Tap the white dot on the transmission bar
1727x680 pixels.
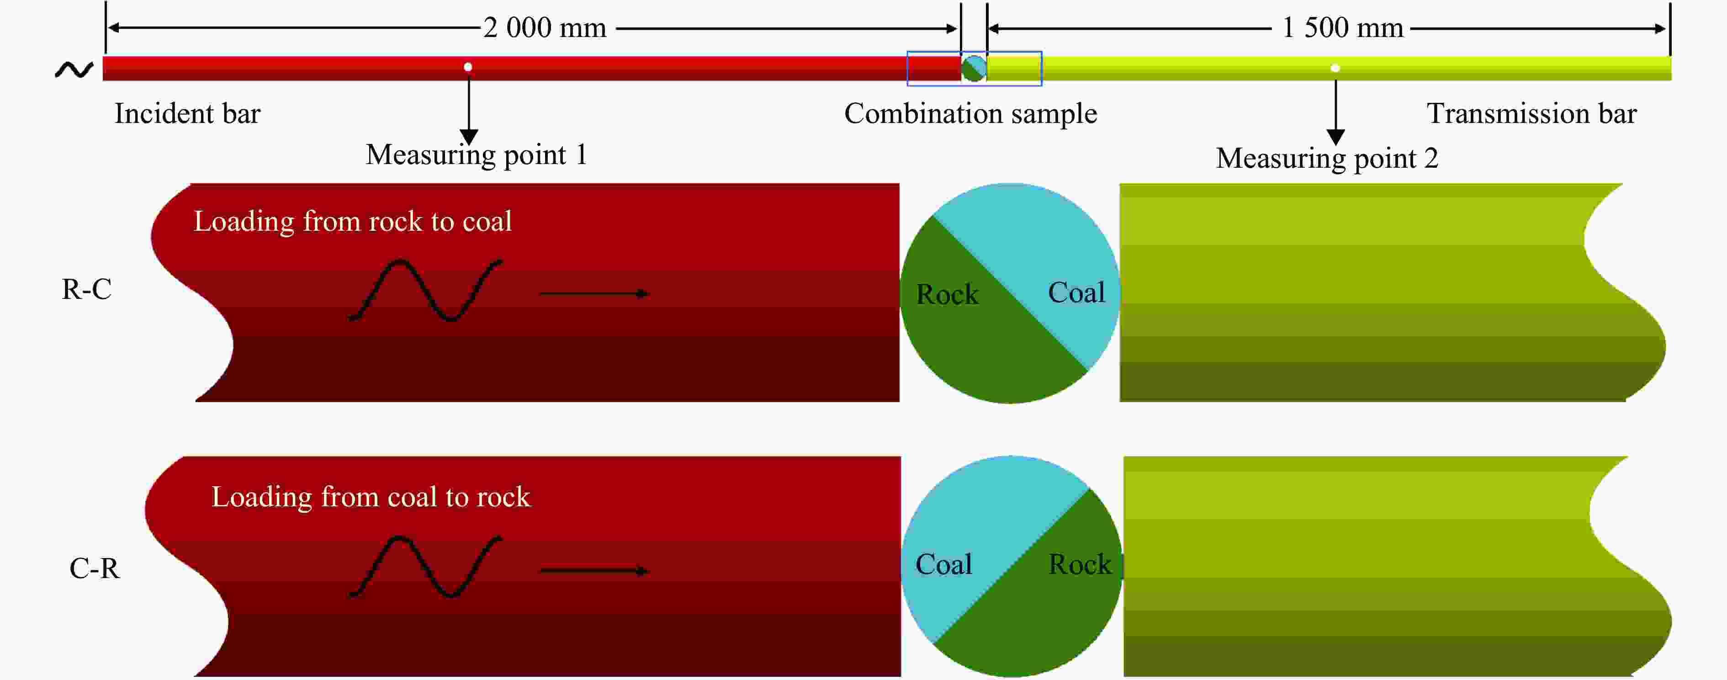coord(1335,68)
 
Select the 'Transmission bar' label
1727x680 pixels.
coord(1531,113)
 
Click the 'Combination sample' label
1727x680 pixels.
coord(970,114)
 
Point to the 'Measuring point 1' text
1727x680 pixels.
coord(476,155)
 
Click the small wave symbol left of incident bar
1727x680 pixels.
coord(74,69)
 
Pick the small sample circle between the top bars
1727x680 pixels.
coord(974,68)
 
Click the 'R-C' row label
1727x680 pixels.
coord(86,289)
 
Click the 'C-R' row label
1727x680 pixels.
coord(95,568)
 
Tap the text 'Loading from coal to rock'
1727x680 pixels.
coord(371,497)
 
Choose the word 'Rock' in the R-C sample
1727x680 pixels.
coord(947,294)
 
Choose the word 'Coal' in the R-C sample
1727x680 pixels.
coord(1076,292)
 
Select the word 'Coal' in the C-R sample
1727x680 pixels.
coord(943,565)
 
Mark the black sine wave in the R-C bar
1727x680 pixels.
coord(425,290)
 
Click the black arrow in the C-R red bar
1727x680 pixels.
coord(594,571)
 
